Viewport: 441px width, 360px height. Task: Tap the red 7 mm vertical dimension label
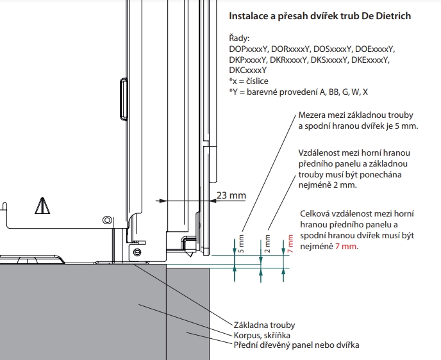(290, 244)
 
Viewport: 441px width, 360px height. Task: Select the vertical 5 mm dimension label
(242, 244)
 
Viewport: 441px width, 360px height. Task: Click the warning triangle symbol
(42, 206)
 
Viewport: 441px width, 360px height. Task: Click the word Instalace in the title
(246, 15)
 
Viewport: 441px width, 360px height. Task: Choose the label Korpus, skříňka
(261, 334)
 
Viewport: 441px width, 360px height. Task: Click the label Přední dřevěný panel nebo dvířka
(295, 345)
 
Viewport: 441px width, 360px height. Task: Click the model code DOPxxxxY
(248, 49)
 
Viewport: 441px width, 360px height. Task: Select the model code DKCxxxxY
(248, 70)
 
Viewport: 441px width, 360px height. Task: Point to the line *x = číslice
(248, 81)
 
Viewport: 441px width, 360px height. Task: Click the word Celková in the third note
(316, 213)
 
